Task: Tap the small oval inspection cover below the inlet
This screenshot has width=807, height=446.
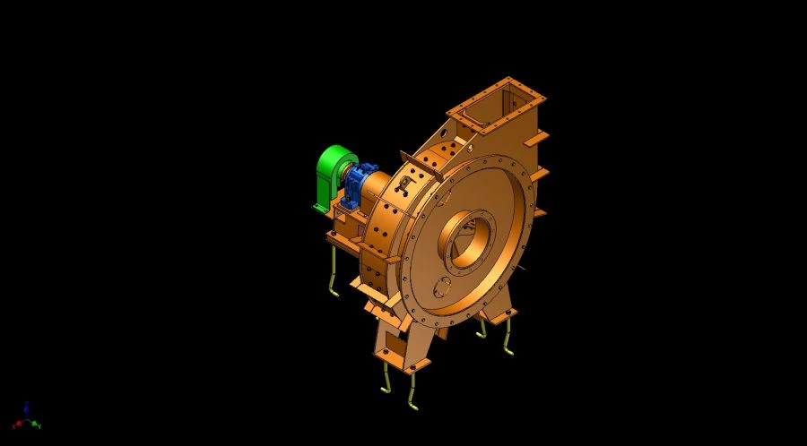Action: (441, 287)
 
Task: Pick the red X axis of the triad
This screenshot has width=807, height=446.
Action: (19, 423)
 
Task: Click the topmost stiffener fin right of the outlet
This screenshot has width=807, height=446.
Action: (538, 138)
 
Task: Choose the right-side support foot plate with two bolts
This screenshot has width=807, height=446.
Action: (498, 314)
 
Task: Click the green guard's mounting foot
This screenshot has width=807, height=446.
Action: (321, 209)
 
